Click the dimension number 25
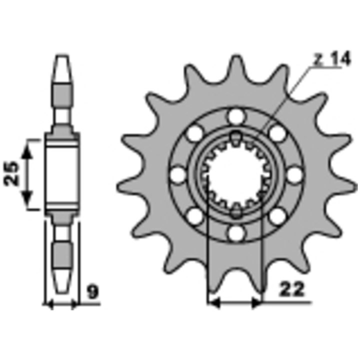pyautogui.click(x=11, y=173)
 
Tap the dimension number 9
pyautogui.click(x=93, y=292)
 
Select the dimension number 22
pyautogui.click(x=291, y=289)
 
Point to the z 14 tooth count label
pyautogui.click(x=332, y=58)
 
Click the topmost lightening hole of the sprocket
pyautogui.click(x=236, y=116)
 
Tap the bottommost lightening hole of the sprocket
pyautogui.click(x=235, y=233)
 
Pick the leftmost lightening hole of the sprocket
pyautogui.click(x=178, y=175)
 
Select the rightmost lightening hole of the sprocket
pyautogui.click(x=294, y=175)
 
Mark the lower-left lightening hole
pyautogui.click(x=195, y=216)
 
